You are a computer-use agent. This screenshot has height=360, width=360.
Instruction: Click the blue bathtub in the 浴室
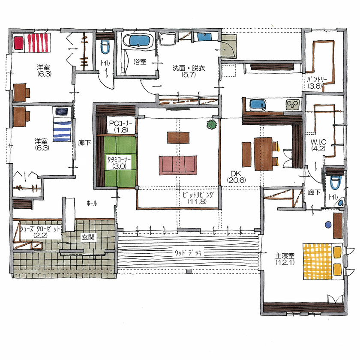click(138, 42)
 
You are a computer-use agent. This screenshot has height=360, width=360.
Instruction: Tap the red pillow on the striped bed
click(18, 43)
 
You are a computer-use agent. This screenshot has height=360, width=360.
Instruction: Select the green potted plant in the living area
click(211, 125)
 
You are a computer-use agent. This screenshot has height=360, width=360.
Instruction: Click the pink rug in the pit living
click(178, 165)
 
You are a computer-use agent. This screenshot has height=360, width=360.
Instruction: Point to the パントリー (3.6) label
click(318, 82)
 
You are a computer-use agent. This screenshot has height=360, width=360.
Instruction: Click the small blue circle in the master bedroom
click(328, 224)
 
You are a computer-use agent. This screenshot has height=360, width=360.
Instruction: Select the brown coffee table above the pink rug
click(178, 137)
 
